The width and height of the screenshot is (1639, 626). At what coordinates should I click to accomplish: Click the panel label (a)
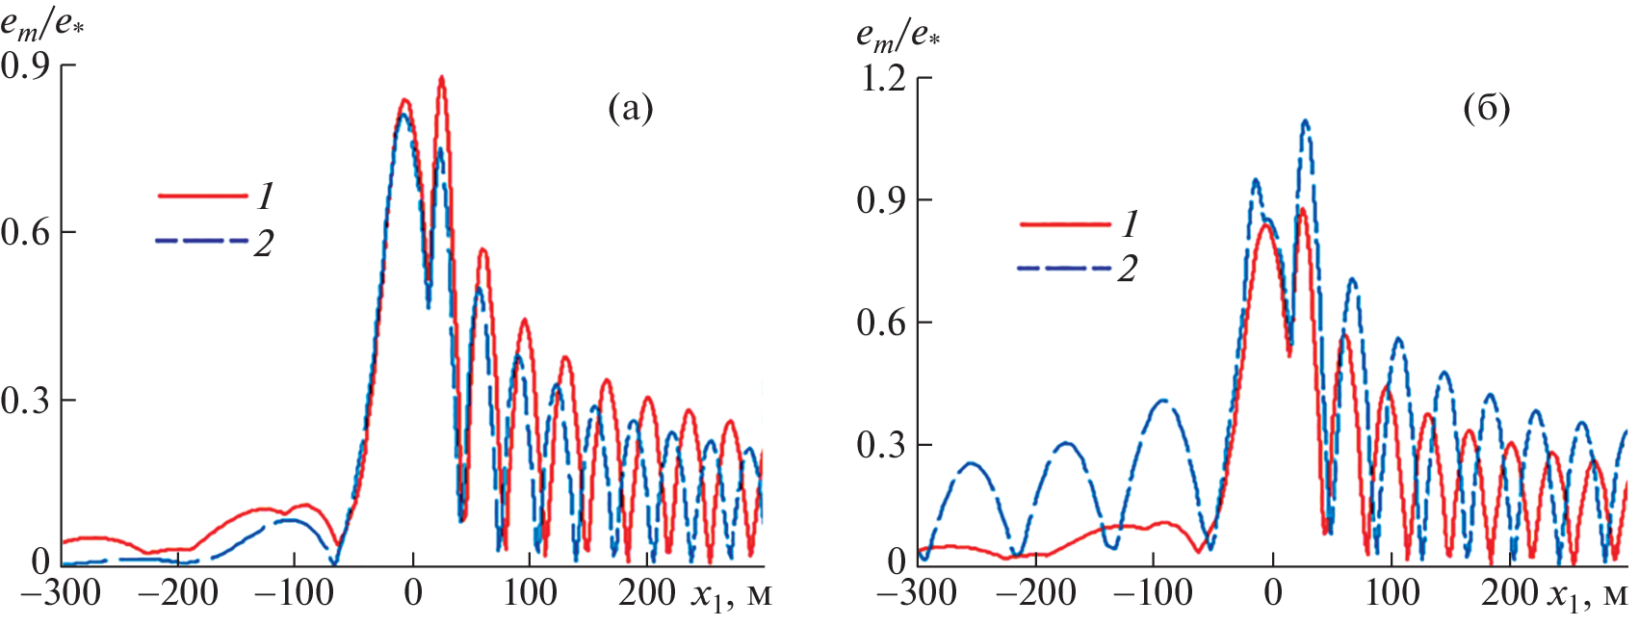[x=631, y=109]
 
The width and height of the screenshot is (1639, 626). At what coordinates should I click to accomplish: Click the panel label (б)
[x=1486, y=109]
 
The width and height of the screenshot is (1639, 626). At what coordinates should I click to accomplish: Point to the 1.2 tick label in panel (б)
[x=882, y=78]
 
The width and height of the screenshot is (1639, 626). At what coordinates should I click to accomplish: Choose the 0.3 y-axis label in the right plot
[x=882, y=445]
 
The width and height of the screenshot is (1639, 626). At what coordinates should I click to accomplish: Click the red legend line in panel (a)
[x=202, y=196]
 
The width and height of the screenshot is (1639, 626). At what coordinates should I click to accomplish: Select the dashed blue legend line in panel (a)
[x=202, y=241]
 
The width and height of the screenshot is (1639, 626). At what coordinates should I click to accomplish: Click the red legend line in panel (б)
[x=1064, y=224]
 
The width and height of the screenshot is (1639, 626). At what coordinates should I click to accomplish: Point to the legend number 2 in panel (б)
[x=1127, y=269]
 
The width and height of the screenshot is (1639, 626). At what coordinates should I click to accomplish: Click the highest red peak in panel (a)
[x=441, y=78]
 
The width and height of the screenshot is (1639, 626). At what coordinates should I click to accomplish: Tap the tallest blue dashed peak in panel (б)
[x=1306, y=121]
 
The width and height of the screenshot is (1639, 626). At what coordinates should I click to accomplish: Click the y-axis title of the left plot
[x=42, y=23]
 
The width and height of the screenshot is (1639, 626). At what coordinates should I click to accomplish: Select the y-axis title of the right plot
[x=898, y=35]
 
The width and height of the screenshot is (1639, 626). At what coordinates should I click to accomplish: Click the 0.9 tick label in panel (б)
[x=882, y=200]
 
